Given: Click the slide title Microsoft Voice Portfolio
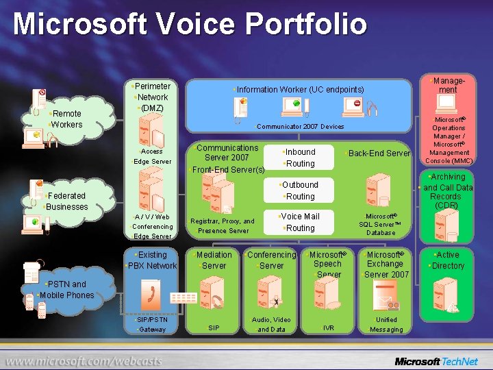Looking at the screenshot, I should pyautogui.click(x=190, y=24).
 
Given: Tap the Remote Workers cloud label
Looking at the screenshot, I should pyautogui.click(x=66, y=119).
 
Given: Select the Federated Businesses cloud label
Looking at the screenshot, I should pyautogui.click(x=66, y=201).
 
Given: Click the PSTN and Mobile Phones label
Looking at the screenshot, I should pyautogui.click(x=66, y=290).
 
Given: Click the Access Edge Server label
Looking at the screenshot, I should pyautogui.click(x=151, y=156).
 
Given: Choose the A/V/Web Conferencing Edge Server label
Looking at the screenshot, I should pyautogui.click(x=152, y=226).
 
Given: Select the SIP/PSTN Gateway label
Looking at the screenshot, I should pyautogui.click(x=151, y=324).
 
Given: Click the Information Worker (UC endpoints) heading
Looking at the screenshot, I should pyautogui.click(x=299, y=90).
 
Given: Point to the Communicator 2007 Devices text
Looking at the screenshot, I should pyautogui.click(x=300, y=127).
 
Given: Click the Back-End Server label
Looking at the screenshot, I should pyautogui.click(x=379, y=153).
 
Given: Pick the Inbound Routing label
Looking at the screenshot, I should pyautogui.click(x=299, y=158).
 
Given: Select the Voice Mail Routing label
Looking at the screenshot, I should pyautogui.click(x=300, y=222).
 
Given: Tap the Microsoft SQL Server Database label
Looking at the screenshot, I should pyautogui.click(x=381, y=224).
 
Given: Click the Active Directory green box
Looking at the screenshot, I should pyautogui.click(x=447, y=260).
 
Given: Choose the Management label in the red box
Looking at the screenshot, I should pyautogui.click(x=448, y=85).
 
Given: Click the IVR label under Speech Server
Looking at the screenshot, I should pyautogui.click(x=329, y=328).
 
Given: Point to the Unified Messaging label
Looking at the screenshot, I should pyautogui.click(x=386, y=324).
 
